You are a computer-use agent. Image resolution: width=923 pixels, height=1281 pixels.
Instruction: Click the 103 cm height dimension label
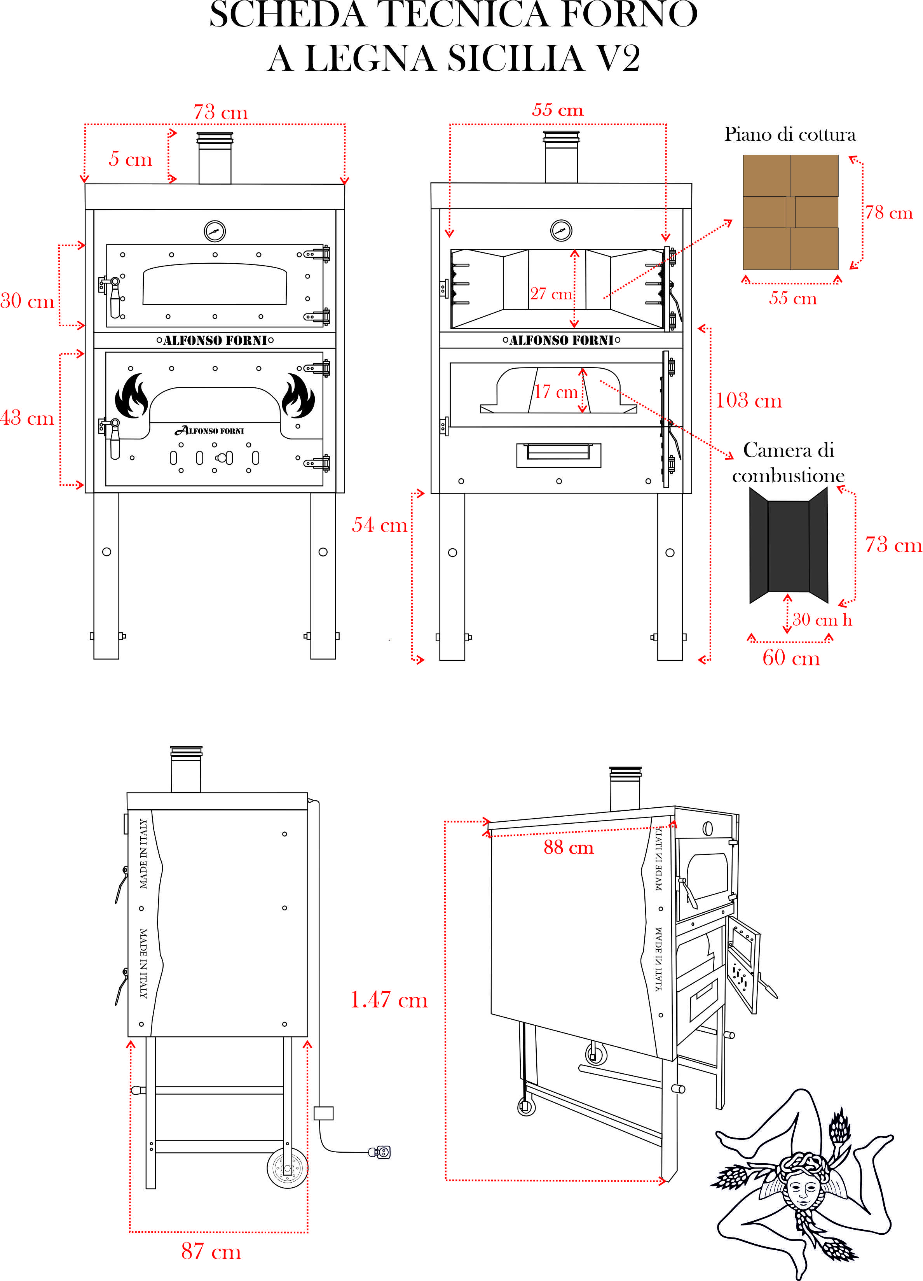coord(749,401)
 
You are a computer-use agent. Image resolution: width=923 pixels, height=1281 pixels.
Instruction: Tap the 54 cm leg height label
coord(379,525)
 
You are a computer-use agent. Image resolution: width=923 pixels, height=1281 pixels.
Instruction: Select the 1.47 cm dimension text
coord(389,1000)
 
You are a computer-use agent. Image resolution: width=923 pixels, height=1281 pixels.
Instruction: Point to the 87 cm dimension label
coord(211,1251)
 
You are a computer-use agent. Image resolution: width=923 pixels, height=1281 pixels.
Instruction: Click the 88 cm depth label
coord(569,847)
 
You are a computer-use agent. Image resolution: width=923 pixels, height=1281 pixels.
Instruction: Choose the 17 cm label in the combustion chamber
coord(556,391)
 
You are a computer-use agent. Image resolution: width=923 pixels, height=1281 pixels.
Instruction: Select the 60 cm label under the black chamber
coord(791,658)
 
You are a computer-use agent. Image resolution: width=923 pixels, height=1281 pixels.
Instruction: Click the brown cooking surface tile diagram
coord(790,212)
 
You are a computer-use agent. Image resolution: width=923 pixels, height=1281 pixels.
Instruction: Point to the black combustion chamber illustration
coord(789,546)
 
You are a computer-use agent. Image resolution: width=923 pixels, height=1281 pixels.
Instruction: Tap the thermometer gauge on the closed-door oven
coord(215,231)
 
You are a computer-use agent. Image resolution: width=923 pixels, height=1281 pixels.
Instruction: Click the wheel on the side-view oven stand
coord(287,1168)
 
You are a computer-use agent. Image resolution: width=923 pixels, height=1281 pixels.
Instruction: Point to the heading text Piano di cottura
coord(790,135)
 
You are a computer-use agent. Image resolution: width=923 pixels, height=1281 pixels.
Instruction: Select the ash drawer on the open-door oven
coord(558,454)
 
